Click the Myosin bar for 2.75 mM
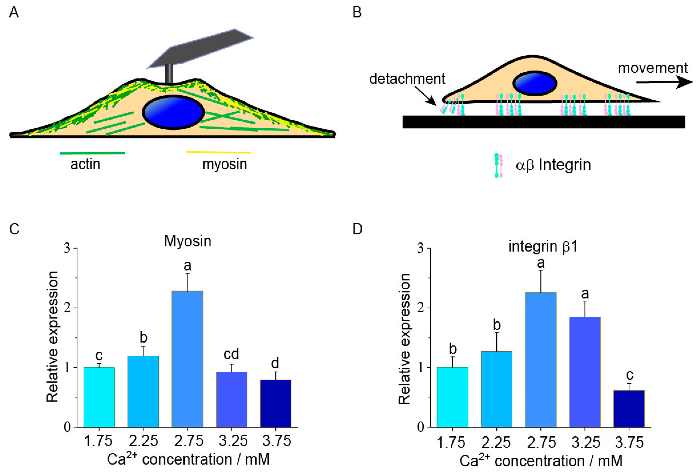tap(187, 359)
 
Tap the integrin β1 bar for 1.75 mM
tap(452, 397)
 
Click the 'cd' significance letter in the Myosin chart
tap(231, 354)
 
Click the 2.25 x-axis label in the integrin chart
tap(496, 442)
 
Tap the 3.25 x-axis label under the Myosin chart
tap(233, 441)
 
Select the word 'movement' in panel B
tap(653, 68)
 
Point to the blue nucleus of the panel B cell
tap(535, 84)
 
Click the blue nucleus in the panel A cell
tap(173, 112)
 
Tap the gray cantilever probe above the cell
tap(200, 48)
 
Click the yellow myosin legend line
tap(218, 152)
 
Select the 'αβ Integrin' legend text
tap(553, 165)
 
